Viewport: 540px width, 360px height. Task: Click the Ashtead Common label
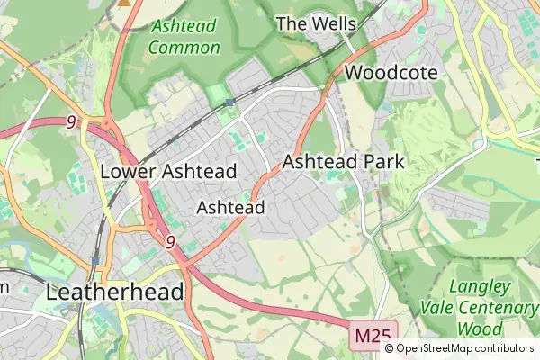click(x=184, y=36)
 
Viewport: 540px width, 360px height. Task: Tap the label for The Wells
click(x=316, y=23)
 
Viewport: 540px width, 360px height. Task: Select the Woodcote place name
click(x=391, y=73)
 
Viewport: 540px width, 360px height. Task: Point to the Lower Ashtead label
click(x=168, y=171)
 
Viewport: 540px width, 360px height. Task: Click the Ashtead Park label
click(x=344, y=162)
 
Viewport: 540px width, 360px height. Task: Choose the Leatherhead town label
click(x=114, y=292)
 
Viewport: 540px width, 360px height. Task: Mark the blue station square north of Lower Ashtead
click(x=229, y=102)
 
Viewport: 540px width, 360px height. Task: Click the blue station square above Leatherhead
click(x=94, y=261)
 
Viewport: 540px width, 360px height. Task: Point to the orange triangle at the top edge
click(x=124, y=3)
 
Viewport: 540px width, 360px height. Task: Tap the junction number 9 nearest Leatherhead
click(x=170, y=241)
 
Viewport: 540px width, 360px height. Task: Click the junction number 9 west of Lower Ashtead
click(x=70, y=121)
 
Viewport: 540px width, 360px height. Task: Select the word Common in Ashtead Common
click(x=184, y=47)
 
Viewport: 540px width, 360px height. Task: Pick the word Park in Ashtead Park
click(x=383, y=162)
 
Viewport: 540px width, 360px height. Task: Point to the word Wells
click(x=335, y=23)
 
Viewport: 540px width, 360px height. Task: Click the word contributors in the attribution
click(x=505, y=348)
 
